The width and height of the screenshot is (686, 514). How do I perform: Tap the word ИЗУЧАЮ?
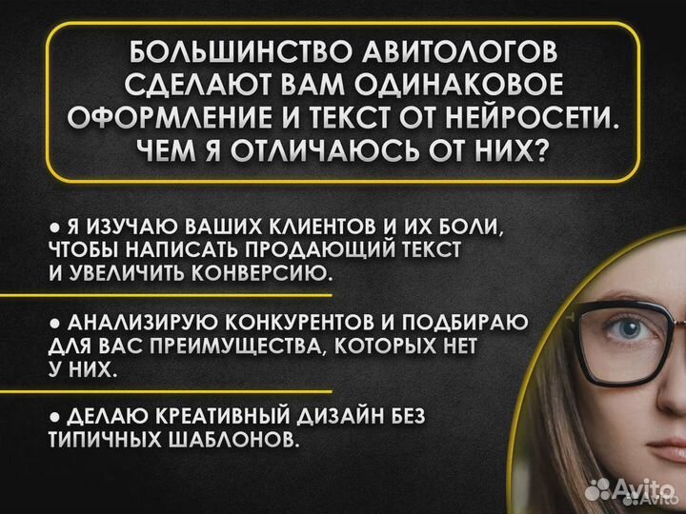pos(119,229)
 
